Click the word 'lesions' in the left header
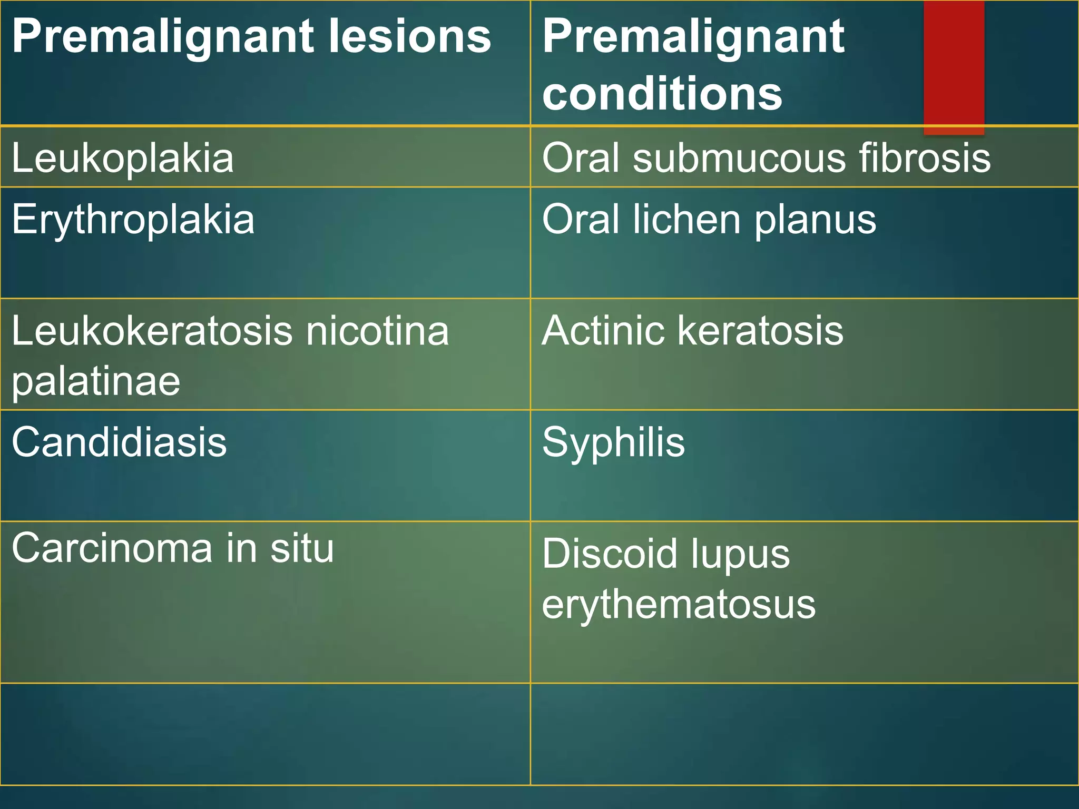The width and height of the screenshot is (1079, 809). (x=409, y=37)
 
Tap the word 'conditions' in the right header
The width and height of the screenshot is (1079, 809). (x=662, y=94)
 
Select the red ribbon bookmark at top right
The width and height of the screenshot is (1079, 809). (x=954, y=66)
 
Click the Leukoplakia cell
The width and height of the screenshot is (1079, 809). (x=123, y=158)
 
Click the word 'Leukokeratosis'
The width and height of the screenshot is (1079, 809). (x=152, y=331)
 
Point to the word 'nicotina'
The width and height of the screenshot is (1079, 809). (x=377, y=331)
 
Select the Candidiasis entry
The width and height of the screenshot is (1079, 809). (x=120, y=442)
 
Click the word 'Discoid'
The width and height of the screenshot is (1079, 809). (x=610, y=554)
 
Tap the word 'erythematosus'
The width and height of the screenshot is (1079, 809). (x=679, y=605)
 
